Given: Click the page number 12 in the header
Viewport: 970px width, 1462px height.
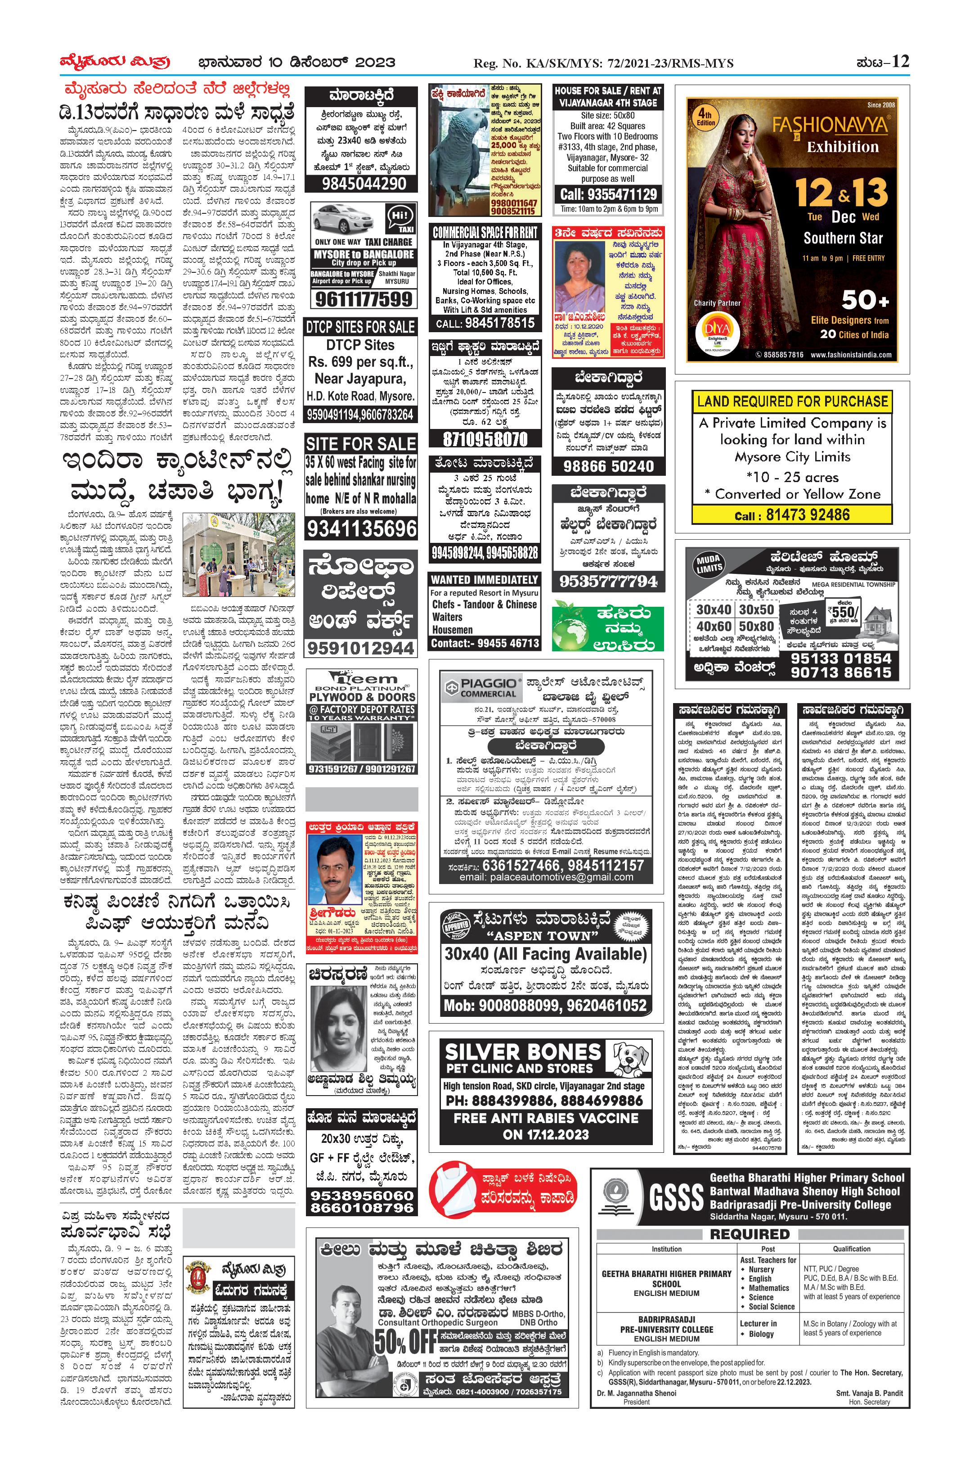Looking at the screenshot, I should (901, 62).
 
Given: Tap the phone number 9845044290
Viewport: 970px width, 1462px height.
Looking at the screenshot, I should (364, 184).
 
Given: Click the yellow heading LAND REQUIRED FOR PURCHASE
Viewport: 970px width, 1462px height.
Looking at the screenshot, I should (792, 401).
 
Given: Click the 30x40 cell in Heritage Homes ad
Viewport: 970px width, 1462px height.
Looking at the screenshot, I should (714, 609).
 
